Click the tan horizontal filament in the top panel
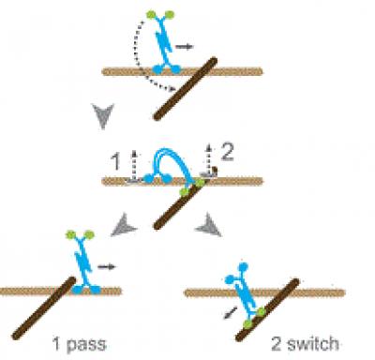click(122, 71)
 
